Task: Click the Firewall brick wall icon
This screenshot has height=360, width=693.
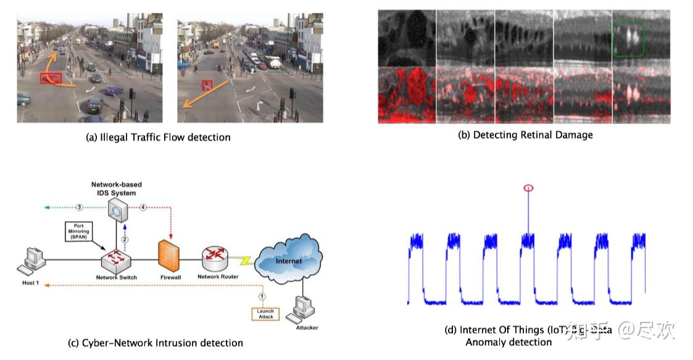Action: pos(170,256)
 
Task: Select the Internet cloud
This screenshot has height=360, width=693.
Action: pos(288,261)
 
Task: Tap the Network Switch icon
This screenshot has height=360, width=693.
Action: pos(117,260)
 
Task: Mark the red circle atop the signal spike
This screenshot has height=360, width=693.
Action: pos(528,188)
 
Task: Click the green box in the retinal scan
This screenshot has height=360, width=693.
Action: pos(629,38)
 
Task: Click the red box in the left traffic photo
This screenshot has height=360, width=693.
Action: pos(51,78)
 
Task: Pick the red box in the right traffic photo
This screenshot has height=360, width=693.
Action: pos(208,85)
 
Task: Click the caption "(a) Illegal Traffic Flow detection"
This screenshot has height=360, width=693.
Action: pos(157,137)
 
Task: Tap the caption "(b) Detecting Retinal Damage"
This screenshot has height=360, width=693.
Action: pos(525,135)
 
